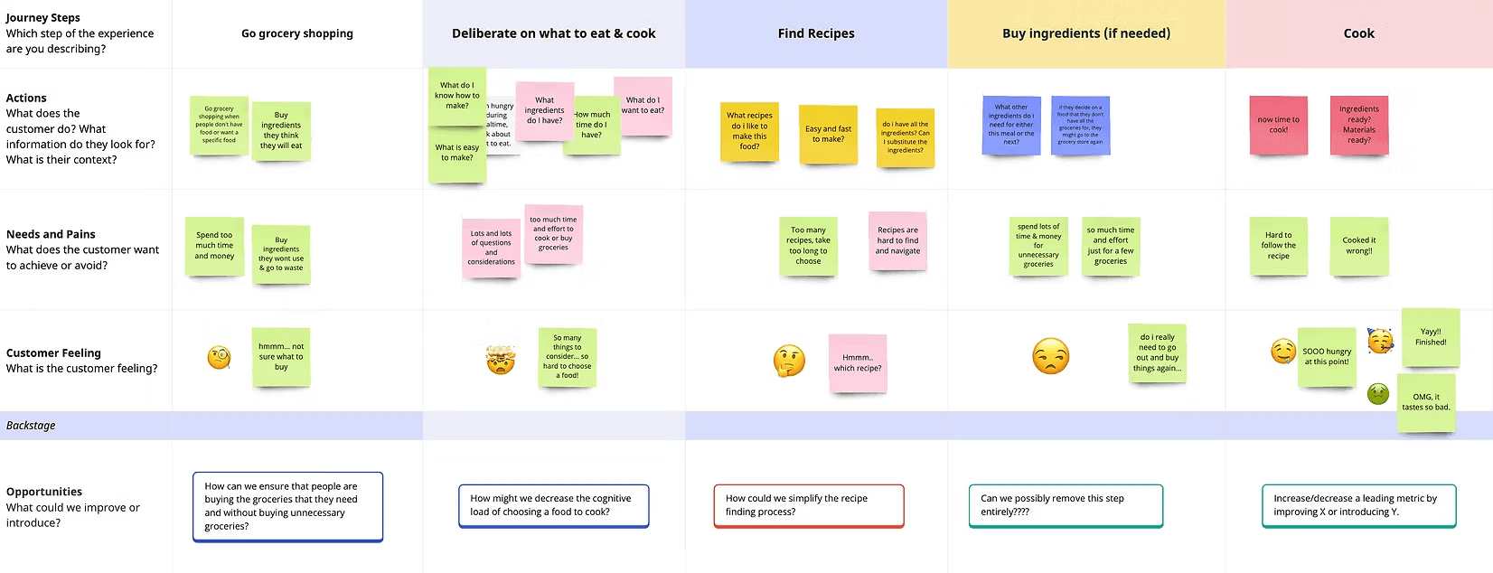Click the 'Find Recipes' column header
coord(816,33)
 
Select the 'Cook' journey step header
coord(1358,33)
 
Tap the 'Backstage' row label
coord(31,426)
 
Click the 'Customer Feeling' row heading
coord(53,353)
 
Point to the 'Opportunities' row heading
coord(44,492)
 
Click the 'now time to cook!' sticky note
coord(1278,125)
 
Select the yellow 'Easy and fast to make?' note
coord(828,134)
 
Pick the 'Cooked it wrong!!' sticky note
coord(1358,246)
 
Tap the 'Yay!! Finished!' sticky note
coord(1431,337)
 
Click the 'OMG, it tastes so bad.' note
coord(1425,402)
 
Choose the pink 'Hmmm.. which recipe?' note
coord(857,363)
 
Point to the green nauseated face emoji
coord(1377,393)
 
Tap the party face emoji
coord(1380,341)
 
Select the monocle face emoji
coord(219,358)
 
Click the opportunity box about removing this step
coord(1065,505)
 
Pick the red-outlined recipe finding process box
coord(808,505)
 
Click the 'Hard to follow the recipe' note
coord(1278,246)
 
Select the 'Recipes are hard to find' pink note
coord(897,240)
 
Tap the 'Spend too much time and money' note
coord(214,246)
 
